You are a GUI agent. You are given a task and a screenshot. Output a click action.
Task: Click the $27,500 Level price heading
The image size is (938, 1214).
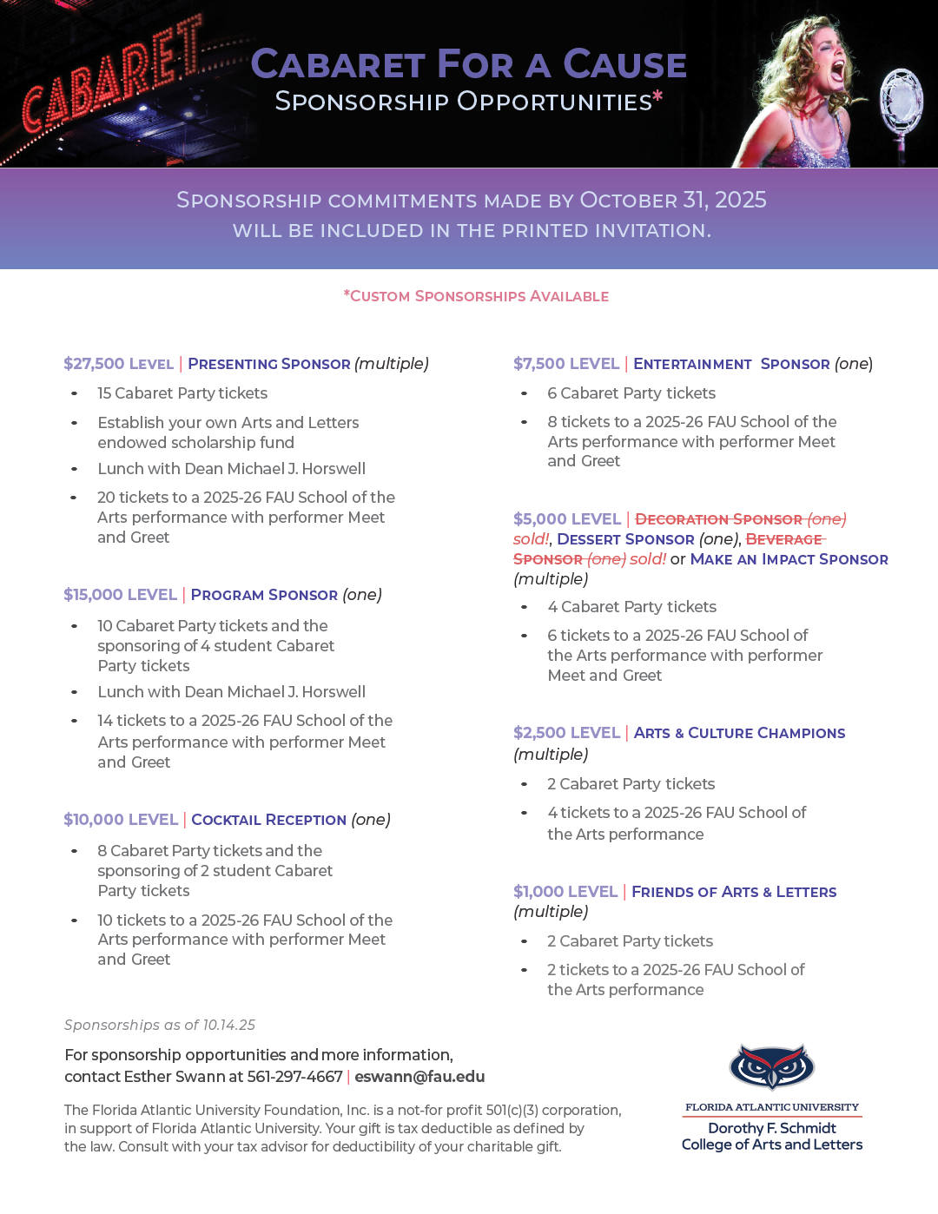point(118,364)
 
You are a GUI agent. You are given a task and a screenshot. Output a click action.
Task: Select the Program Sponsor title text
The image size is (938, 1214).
point(264,595)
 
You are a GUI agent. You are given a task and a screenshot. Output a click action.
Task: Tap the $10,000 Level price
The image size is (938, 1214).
point(120,820)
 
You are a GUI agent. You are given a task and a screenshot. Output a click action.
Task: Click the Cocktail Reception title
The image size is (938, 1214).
point(268,820)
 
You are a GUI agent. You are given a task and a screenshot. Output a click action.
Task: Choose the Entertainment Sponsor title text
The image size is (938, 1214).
point(731,364)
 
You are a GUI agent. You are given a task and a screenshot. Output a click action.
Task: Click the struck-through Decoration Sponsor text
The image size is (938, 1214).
point(718,519)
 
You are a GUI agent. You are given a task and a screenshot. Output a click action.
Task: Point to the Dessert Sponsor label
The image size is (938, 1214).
point(625,539)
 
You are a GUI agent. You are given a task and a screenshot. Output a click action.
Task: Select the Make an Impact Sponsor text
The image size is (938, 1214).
point(789,559)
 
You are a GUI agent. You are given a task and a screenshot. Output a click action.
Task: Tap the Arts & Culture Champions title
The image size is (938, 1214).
point(739,733)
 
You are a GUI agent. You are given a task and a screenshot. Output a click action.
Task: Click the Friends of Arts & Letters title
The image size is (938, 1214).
point(734,892)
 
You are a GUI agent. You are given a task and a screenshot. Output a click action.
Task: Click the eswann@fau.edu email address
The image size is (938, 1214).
point(419,1077)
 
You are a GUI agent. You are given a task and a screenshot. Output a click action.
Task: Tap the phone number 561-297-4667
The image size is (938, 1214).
point(294,1077)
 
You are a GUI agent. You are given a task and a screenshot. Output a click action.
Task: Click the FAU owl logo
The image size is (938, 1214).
point(771,1066)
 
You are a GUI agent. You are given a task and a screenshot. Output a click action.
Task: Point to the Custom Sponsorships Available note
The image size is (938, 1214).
point(476,296)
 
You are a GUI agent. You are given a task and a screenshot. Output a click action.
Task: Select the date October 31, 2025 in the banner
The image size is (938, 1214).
point(672,200)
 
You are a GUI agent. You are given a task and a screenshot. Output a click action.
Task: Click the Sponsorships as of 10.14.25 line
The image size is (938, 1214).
point(160,1025)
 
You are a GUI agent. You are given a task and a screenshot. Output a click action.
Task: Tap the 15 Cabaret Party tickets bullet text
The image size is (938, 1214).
point(182,393)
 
